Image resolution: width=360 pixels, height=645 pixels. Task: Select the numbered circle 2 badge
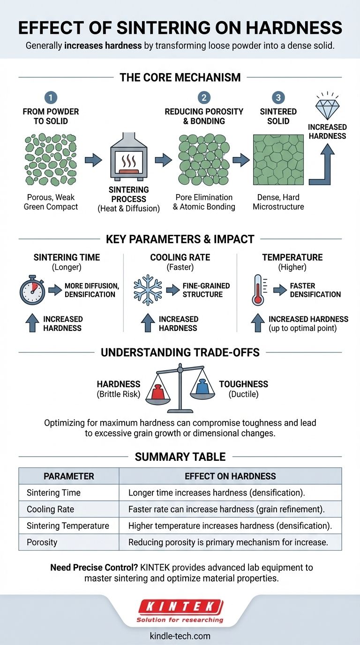pyautogui.click(x=204, y=97)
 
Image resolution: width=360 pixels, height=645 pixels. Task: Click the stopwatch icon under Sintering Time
pyautogui.click(x=32, y=291)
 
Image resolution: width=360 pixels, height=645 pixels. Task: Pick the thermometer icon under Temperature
pyautogui.click(x=258, y=291)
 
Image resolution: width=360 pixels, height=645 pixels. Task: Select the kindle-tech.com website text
pyautogui.click(x=180, y=636)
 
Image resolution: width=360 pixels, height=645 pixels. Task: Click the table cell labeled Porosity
pyautogui.click(x=42, y=542)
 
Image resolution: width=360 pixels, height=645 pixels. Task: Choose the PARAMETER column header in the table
pyautogui.click(x=69, y=476)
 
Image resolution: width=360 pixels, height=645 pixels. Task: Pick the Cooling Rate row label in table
pyautogui.click(x=50, y=509)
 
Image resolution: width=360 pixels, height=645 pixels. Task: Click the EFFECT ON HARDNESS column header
pyautogui.click(x=230, y=476)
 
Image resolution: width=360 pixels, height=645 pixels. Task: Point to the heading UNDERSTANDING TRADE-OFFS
pyautogui.click(x=180, y=352)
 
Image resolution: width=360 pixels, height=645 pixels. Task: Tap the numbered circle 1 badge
pyautogui.click(x=51, y=97)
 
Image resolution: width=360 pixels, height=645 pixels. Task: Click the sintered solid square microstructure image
pyautogui.click(x=278, y=160)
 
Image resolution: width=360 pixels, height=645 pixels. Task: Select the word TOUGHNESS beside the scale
pyautogui.click(x=244, y=384)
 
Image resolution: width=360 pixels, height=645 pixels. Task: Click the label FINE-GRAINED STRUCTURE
pyautogui.click(x=205, y=290)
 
